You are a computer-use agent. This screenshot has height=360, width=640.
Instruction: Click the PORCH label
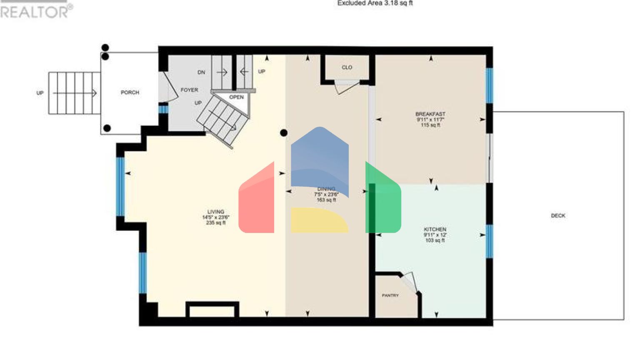coord(130,92)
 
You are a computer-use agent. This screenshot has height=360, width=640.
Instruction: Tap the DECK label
coord(558,215)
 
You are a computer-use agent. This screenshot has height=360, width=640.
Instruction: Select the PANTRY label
coord(390,295)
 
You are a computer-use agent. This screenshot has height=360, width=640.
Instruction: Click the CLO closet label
coord(347,67)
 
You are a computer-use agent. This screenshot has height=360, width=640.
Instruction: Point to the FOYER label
coord(189,90)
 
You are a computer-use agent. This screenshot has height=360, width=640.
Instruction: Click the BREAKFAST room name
coord(430,114)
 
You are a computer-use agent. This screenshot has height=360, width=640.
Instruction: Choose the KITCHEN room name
coord(435,229)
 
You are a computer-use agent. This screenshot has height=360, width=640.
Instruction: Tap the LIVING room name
coord(215,212)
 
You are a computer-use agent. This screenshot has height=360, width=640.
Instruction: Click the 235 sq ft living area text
coord(215,223)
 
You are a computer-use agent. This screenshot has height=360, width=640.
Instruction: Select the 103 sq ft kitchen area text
coord(435,240)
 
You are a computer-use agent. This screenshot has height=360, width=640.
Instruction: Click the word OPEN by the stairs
coord(236,97)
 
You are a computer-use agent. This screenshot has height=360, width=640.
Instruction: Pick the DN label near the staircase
coord(201,72)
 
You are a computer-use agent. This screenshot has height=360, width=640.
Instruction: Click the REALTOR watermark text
coord(35,11)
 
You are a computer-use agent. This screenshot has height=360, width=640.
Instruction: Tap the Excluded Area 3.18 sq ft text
coord(375,3)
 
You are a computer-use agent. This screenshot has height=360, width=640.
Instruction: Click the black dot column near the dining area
coord(284,133)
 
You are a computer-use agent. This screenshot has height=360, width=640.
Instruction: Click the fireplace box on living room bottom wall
coord(212,310)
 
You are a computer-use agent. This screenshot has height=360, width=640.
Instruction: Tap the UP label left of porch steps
coord(40,93)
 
